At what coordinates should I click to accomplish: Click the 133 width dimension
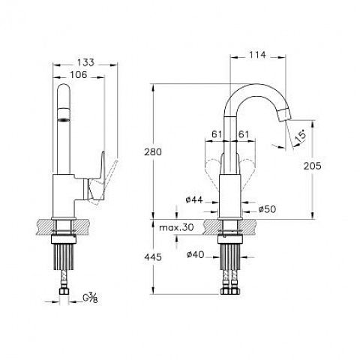(85, 62)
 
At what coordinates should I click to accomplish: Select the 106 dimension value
(78, 74)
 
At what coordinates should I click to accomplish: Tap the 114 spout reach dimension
(257, 55)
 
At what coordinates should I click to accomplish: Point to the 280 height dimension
(153, 151)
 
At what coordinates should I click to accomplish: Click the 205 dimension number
(312, 166)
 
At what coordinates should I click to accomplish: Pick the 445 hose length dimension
(153, 256)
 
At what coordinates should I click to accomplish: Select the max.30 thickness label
(176, 227)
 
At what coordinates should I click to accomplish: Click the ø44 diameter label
(194, 199)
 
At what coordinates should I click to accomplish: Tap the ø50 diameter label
(267, 209)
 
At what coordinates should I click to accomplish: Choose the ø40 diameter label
(196, 254)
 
